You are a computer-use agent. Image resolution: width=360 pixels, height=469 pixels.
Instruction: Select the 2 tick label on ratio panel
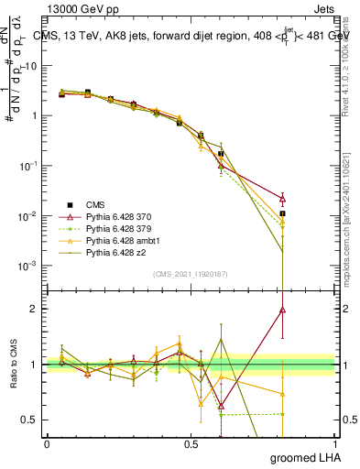tap(34, 309)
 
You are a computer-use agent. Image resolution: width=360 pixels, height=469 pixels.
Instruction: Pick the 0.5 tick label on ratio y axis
tap(29, 420)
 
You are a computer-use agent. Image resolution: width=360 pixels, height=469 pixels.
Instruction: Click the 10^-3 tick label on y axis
tap(27, 266)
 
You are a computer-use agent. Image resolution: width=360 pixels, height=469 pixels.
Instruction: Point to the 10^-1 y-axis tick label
tap(27, 166)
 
